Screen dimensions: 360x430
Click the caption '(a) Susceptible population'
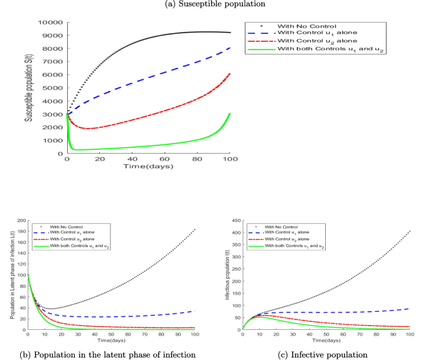click(215, 4)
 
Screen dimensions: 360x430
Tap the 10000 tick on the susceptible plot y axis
click(53, 23)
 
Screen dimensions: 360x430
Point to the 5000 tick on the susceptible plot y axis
click(55, 88)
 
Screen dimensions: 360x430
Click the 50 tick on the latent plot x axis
click(112, 336)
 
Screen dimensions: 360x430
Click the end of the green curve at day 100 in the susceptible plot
click(230, 114)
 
